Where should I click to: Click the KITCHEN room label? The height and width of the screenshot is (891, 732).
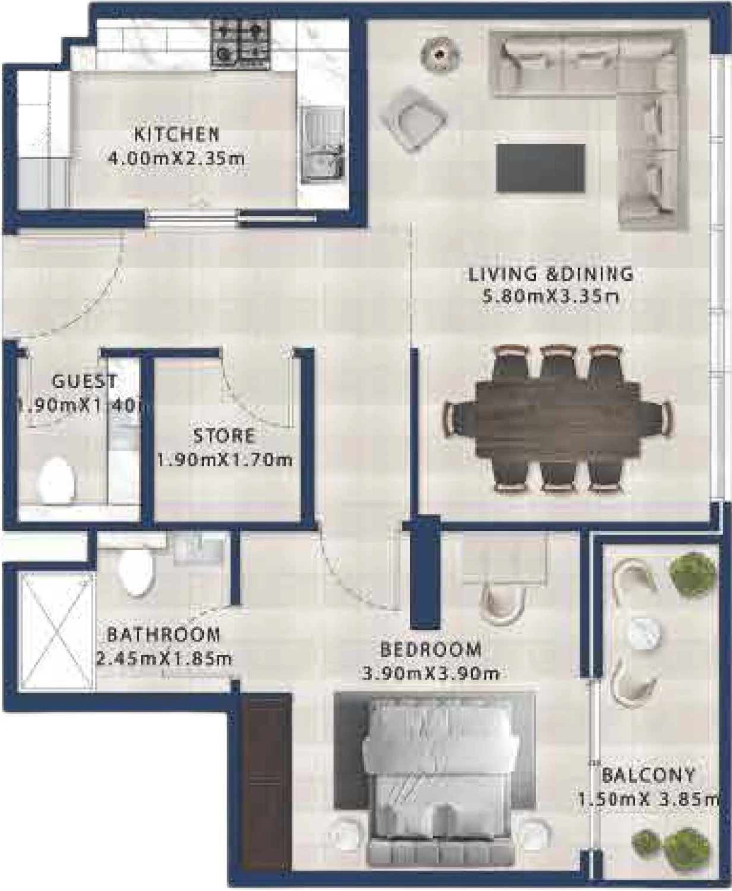click(176, 134)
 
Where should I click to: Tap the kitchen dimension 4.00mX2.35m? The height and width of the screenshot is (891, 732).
click(176, 159)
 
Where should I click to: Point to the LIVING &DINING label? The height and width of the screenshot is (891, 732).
click(550, 274)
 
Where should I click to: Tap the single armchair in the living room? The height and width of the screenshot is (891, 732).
click(414, 117)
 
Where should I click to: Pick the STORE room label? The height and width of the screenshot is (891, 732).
click(224, 436)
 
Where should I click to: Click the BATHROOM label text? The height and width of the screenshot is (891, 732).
click(163, 634)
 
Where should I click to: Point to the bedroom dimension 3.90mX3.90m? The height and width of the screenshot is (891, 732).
click(430, 674)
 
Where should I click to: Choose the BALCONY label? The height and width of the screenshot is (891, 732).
click(648, 775)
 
